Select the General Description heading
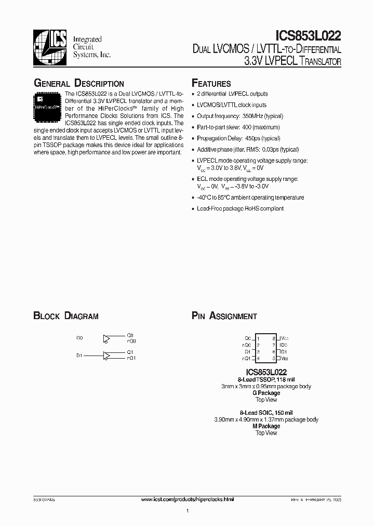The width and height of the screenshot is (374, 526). tap(78, 84)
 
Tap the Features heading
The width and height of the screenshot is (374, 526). tap(211, 84)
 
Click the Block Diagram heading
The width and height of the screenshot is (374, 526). tap(66, 316)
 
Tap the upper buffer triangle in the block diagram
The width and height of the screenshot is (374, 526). tap(107, 339)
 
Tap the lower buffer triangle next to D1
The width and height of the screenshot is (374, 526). tap(107, 356)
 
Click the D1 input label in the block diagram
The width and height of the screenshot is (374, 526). tap(79, 356)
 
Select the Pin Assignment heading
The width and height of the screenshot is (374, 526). tap(224, 316)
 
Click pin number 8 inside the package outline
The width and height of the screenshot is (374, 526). tap(273, 338)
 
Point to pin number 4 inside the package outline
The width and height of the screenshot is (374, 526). tap(258, 358)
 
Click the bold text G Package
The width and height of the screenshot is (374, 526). tap(266, 393)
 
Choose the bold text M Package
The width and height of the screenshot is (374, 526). tap(266, 426)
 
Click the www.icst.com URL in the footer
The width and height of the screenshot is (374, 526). tap(188, 499)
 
